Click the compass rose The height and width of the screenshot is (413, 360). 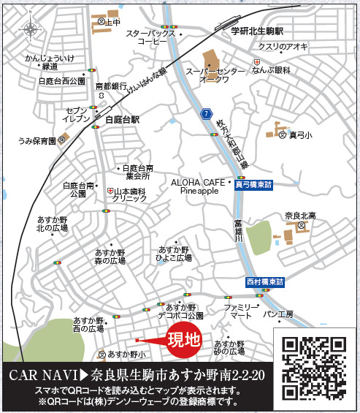30,30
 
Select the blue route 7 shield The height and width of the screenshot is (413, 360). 207,113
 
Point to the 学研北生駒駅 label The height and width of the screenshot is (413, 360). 256,32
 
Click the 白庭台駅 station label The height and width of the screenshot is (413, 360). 122,118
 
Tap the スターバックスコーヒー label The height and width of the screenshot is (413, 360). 152,38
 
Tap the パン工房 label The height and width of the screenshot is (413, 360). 278,314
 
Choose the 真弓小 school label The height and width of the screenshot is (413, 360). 299,134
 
